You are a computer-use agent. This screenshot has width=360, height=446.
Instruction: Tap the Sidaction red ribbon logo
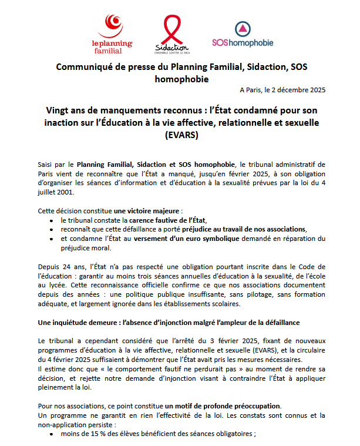171,34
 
